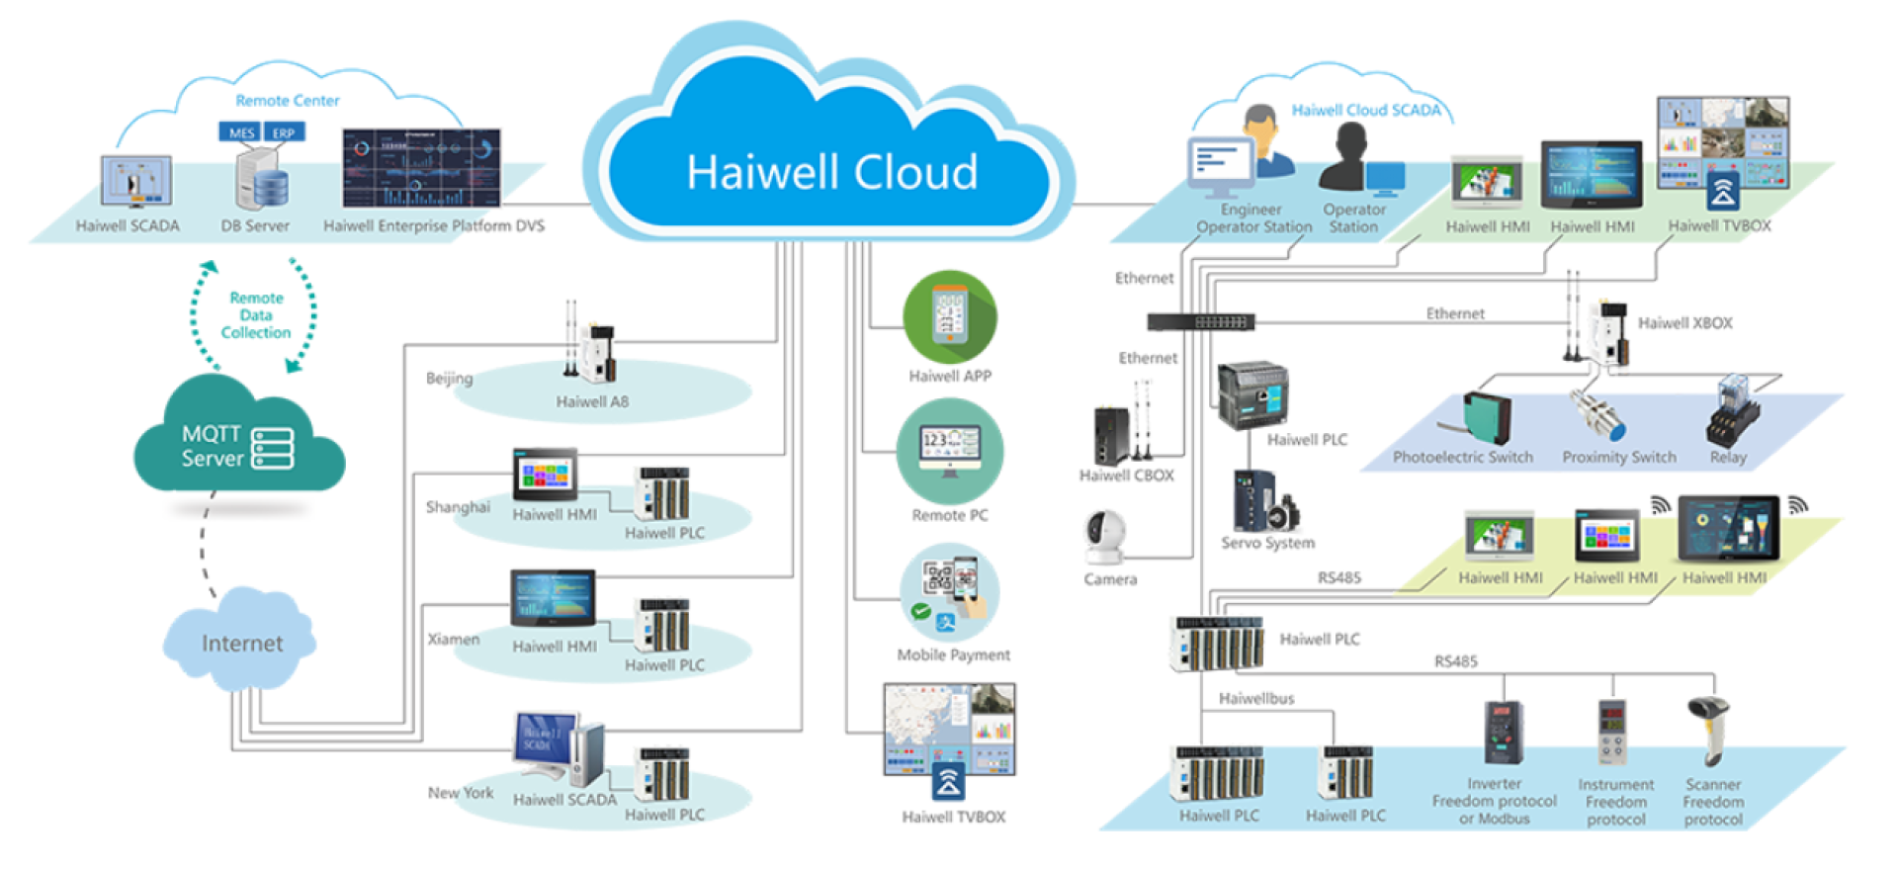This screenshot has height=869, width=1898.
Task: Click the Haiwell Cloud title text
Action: [832, 172]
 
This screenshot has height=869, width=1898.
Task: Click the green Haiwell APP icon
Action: [949, 316]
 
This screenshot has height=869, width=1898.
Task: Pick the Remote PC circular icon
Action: [949, 451]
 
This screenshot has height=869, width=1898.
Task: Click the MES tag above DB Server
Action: [241, 132]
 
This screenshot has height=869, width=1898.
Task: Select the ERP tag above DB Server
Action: [284, 132]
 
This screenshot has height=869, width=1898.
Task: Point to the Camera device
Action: [1105, 539]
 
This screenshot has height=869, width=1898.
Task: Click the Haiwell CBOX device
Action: [1112, 435]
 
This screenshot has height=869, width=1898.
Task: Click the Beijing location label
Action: [449, 378]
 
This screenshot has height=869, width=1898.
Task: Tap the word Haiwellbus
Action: [1255, 698]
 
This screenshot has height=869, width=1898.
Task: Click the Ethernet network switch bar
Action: [1200, 321]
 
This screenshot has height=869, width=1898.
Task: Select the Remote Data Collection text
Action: [255, 315]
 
